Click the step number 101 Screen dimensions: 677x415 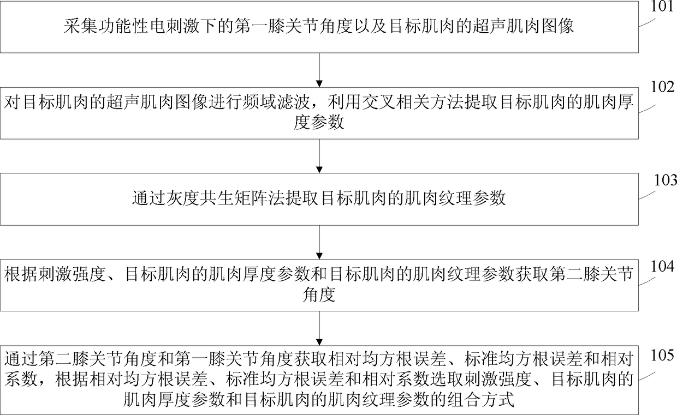pos(662,7)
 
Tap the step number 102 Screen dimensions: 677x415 pos(662,87)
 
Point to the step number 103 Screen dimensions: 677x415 pos(665,180)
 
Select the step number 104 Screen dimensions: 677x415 pos(662,267)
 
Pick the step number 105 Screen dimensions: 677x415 pos(662,355)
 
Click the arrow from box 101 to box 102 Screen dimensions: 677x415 pos(319,70)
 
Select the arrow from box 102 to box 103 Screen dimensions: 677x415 pos(319,156)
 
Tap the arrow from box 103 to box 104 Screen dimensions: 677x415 pos(319,242)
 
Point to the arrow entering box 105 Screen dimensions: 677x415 pos(319,328)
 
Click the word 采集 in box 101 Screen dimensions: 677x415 pos(80,26)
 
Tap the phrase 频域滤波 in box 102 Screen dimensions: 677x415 pos(276,103)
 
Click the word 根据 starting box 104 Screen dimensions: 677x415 pos(21,274)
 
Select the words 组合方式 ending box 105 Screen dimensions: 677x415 pos(480,400)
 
